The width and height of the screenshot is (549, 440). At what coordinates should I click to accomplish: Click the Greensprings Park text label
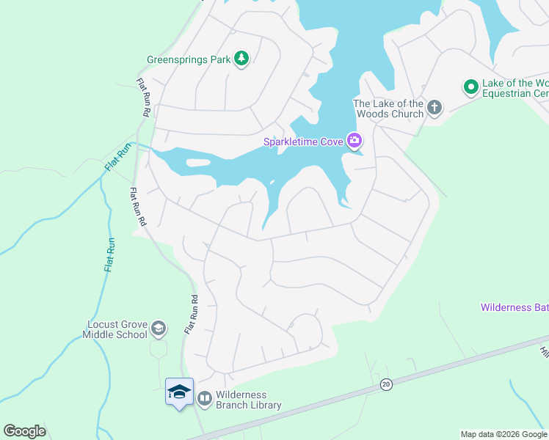[188, 59]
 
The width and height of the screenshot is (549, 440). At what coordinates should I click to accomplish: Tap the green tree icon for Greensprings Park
[241, 59]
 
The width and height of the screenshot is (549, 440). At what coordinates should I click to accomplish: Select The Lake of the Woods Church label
[388, 109]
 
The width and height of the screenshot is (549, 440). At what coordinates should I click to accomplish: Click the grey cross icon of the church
[435, 108]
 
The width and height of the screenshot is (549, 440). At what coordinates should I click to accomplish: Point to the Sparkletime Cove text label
[304, 140]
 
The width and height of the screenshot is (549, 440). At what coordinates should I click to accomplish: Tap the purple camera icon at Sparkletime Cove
[355, 140]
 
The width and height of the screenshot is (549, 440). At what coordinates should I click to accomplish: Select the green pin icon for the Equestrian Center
[470, 87]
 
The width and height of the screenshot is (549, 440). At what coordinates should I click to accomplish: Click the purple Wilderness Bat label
[514, 307]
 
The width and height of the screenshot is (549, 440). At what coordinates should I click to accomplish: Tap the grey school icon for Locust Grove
[159, 329]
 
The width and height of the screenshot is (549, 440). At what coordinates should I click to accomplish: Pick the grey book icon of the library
[204, 399]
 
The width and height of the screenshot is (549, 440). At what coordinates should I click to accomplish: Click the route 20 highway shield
[385, 384]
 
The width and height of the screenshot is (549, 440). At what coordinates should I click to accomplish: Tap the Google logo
[24, 430]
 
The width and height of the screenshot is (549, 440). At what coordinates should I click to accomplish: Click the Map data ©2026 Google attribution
[503, 434]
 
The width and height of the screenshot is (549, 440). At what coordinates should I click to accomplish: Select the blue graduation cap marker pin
[179, 393]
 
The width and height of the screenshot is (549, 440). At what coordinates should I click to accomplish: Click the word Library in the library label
[265, 405]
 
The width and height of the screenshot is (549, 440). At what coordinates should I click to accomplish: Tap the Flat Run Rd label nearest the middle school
[191, 315]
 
